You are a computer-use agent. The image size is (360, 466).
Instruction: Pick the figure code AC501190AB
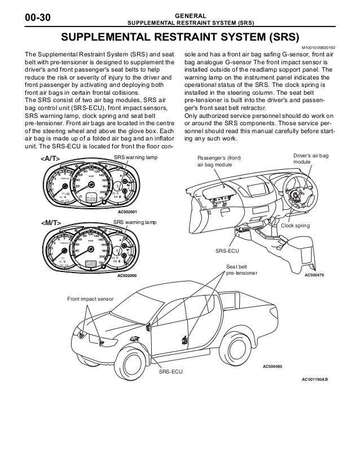(314, 379)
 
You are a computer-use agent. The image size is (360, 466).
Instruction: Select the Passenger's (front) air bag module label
(217, 161)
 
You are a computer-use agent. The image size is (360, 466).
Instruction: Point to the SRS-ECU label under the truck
(170, 373)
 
